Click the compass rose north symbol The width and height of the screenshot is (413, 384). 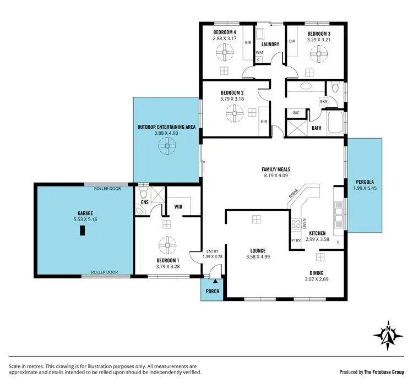pyautogui.click(x=388, y=335)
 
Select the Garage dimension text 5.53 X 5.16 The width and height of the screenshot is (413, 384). pyautogui.click(x=84, y=219)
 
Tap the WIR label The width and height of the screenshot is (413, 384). pyautogui.click(x=178, y=207)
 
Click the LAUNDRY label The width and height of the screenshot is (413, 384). pyautogui.click(x=270, y=44)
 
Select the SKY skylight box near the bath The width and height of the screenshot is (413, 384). pyautogui.click(x=323, y=102)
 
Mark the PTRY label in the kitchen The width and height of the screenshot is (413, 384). pyautogui.click(x=295, y=240)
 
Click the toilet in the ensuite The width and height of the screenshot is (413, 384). pyautogui.click(x=143, y=194)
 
